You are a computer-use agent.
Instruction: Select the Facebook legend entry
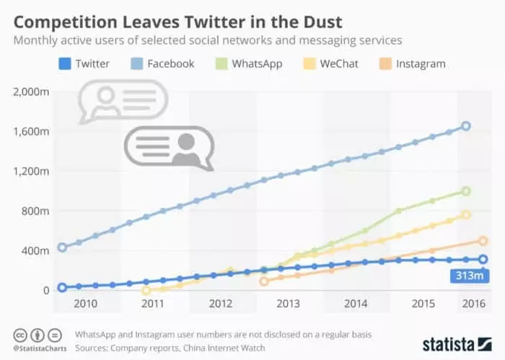pyautogui.click(x=162, y=63)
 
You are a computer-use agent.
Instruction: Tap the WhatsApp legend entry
pyautogui.click(x=250, y=63)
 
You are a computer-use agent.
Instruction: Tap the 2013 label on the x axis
pyautogui.click(x=288, y=304)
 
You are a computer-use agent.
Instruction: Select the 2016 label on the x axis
pyautogui.click(x=472, y=304)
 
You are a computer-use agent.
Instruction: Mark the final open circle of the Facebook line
pyautogui.click(x=466, y=126)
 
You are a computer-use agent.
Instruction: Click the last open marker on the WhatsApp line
pyautogui.click(x=466, y=191)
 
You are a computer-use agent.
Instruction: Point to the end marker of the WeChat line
pyautogui.click(x=466, y=214)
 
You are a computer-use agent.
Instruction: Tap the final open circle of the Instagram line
pyautogui.click(x=483, y=241)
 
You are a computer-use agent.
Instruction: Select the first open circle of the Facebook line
pyautogui.click(x=62, y=247)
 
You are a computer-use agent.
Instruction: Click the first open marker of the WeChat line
pyautogui.click(x=146, y=290)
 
